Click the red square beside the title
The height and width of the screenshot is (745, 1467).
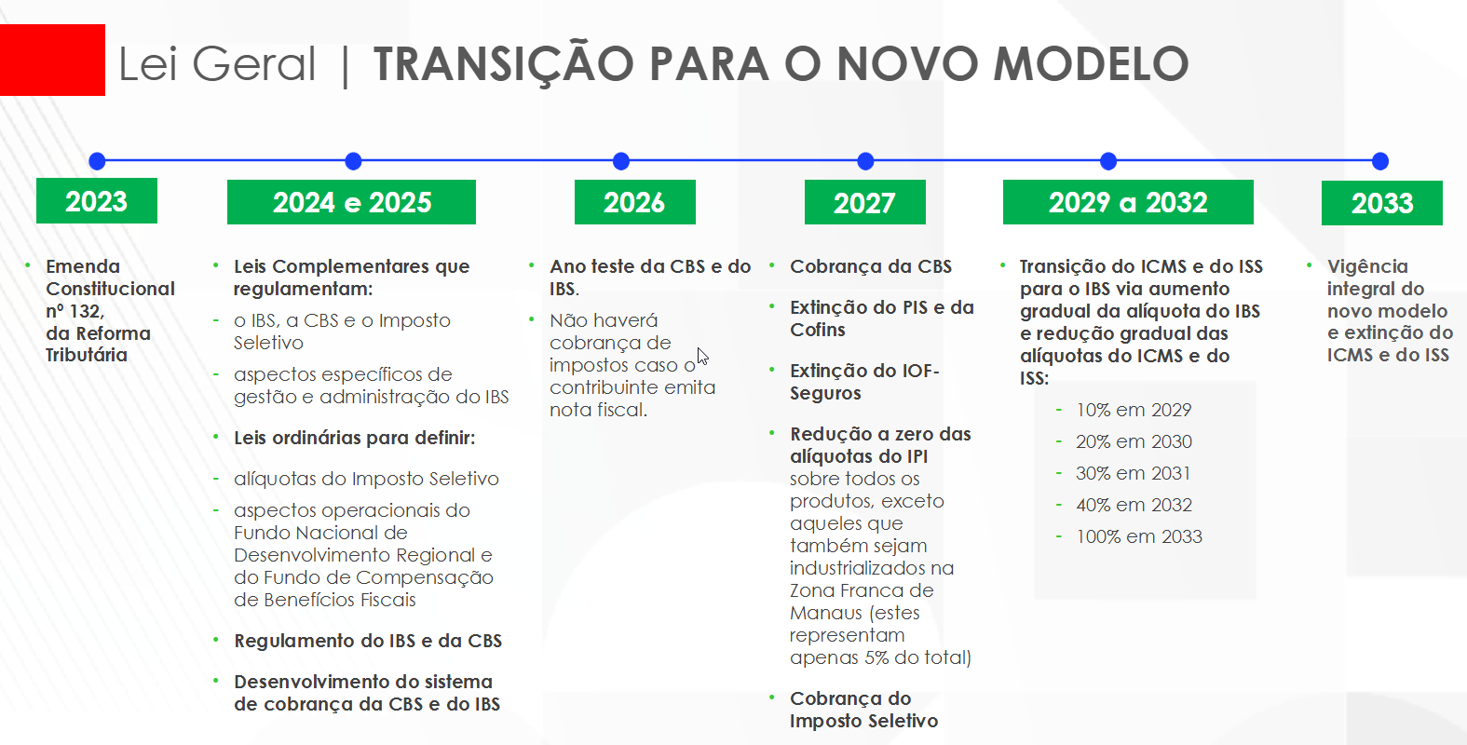click(x=52, y=61)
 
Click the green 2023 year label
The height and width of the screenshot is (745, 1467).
click(x=96, y=201)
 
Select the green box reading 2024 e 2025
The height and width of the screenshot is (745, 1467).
click(x=352, y=202)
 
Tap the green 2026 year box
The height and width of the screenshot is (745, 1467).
click(x=634, y=202)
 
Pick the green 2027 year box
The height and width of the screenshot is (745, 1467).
click(x=865, y=202)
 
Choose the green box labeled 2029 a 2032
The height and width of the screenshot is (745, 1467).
click(x=1128, y=202)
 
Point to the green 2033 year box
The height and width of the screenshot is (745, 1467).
click(x=1382, y=203)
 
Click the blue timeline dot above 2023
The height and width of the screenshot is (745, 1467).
click(x=97, y=161)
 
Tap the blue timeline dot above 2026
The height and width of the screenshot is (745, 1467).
click(x=621, y=161)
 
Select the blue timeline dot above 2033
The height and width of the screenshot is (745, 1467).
click(x=1379, y=161)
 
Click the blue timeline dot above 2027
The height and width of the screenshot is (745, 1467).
click(x=866, y=161)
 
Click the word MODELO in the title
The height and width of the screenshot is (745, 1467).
click(x=1091, y=63)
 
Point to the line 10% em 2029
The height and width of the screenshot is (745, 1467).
click(x=1134, y=410)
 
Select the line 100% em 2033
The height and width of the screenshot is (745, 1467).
click(x=1139, y=536)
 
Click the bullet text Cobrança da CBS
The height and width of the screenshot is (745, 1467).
click(x=870, y=266)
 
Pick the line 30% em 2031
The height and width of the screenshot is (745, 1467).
click(x=1133, y=473)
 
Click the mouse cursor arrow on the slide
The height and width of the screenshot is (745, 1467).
click(x=702, y=356)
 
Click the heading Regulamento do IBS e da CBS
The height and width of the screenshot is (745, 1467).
click(x=368, y=641)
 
